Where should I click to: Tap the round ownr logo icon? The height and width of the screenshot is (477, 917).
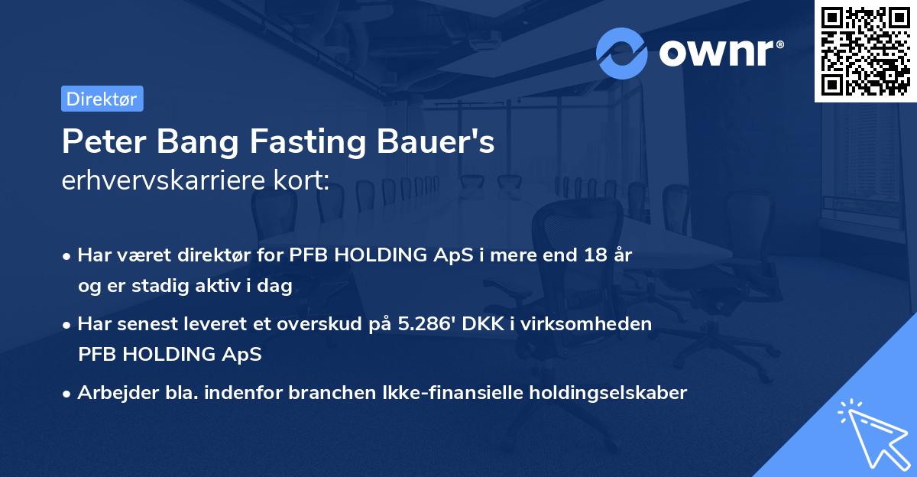(x=622, y=53)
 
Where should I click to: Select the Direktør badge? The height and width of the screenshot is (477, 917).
(x=102, y=99)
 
